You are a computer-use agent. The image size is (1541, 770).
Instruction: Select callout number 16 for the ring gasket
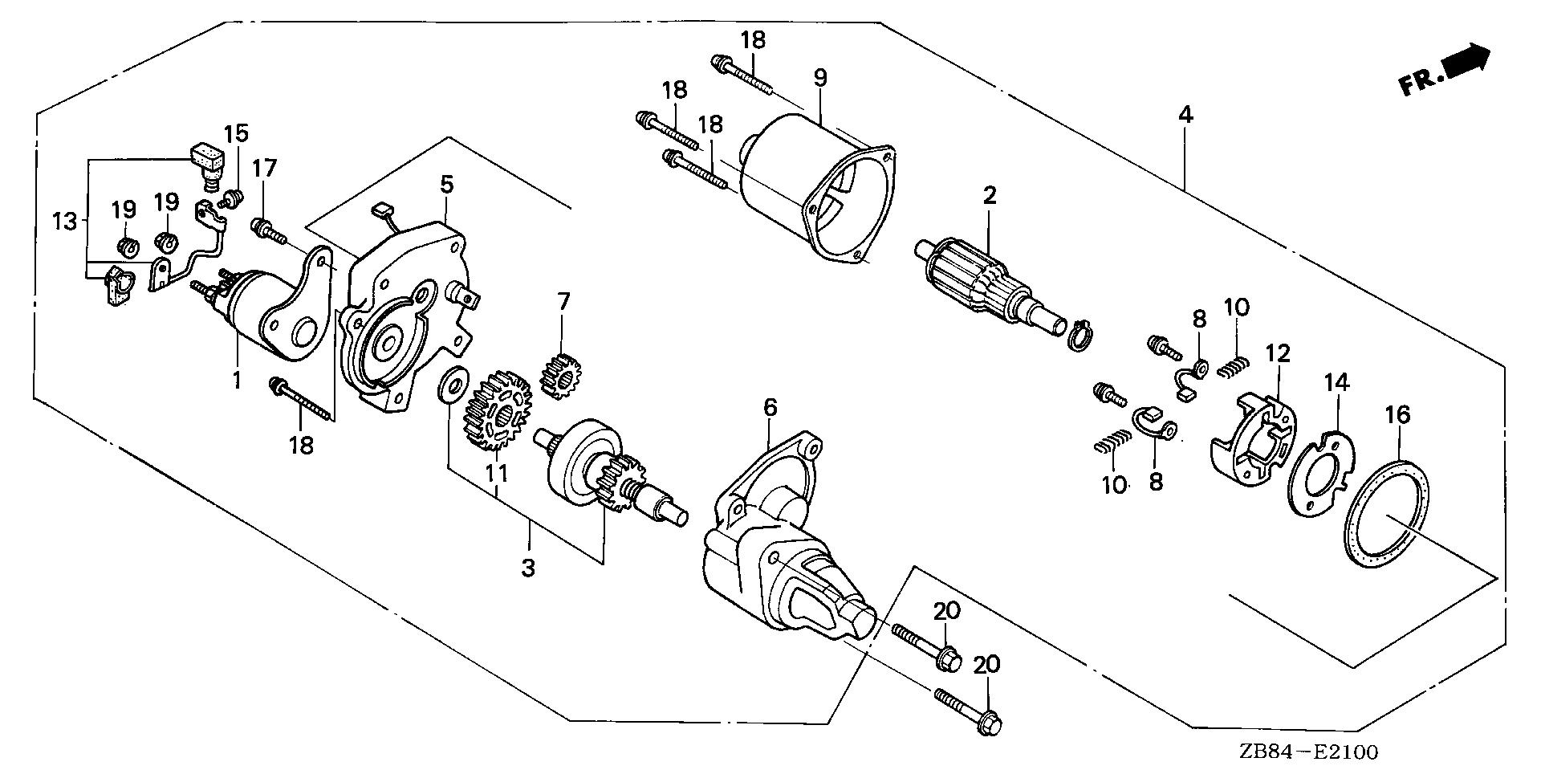[x=1397, y=415]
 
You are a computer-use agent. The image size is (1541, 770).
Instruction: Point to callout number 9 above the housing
[x=819, y=78]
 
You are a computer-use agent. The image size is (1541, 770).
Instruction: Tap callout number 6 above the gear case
[x=770, y=408]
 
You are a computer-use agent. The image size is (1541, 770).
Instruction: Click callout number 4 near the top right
[x=1185, y=115]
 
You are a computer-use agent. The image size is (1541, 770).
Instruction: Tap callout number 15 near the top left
[x=236, y=132]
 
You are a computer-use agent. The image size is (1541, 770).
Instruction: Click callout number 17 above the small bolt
[x=264, y=168]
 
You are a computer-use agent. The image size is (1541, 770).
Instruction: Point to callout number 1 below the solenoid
[x=237, y=380]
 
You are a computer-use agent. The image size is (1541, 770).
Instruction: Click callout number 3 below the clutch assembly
[x=527, y=568]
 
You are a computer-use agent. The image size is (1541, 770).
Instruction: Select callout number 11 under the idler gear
[x=497, y=473]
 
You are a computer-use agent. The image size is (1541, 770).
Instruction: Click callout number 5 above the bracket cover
[x=446, y=185]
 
